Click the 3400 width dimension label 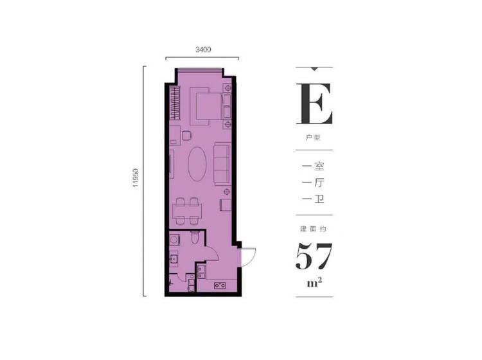[203, 50]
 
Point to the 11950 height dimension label [136, 178]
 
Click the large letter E [314, 104]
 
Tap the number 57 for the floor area [314, 256]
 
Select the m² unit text [314, 282]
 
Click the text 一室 [313, 166]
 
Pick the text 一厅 [313, 183]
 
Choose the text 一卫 [313, 199]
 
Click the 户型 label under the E [313, 137]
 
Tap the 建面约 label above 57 [313, 229]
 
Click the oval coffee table [197, 163]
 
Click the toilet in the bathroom [195, 237]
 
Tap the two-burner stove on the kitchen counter [220, 285]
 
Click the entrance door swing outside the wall [249, 257]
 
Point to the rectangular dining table [187, 211]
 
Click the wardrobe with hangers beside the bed [175, 103]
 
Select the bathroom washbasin [174, 258]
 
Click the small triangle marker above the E [314, 69]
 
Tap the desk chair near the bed [186, 136]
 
